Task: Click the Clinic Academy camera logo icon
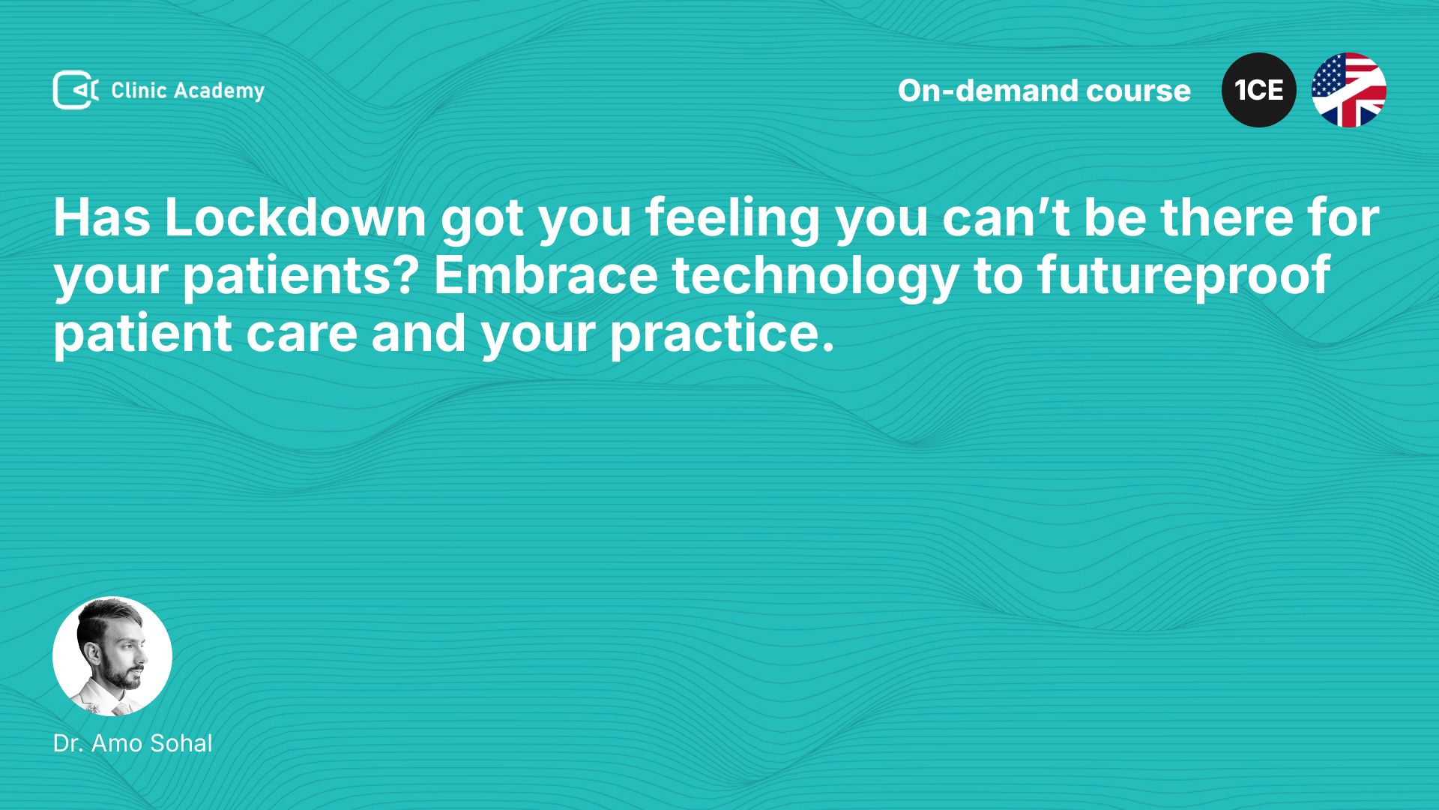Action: [x=76, y=90]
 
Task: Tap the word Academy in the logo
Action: [x=219, y=91]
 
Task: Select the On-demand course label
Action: [x=1044, y=91]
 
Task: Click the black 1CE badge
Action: [x=1259, y=90]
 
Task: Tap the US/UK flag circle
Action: [x=1349, y=90]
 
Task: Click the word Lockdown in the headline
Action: [x=295, y=217]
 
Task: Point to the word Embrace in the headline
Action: [x=546, y=275]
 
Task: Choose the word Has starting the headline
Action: [x=102, y=218]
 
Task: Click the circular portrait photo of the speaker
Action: [x=112, y=656]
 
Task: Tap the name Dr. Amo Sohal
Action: [x=133, y=743]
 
